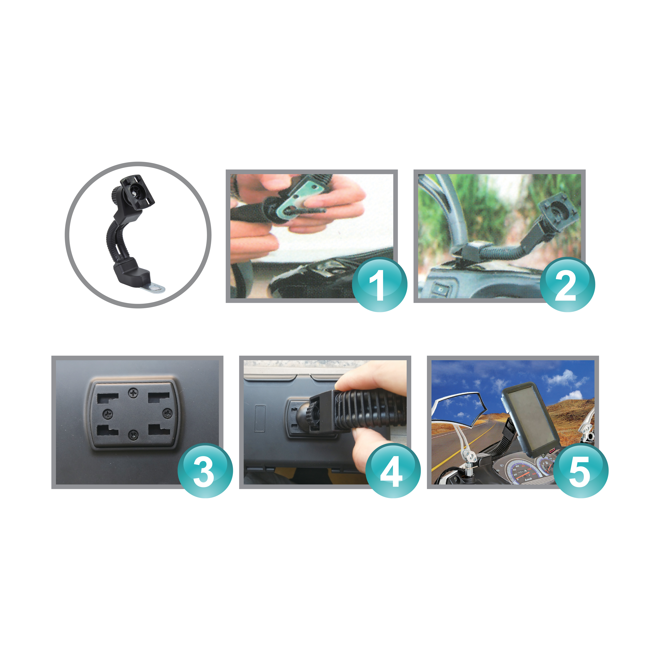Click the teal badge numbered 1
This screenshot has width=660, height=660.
click(x=380, y=284)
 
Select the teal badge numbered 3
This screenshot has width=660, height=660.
click(x=205, y=470)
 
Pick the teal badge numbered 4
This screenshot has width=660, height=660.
click(x=393, y=470)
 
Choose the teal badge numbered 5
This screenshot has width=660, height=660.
click(x=581, y=470)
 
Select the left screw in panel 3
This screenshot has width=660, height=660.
click(x=108, y=414)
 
